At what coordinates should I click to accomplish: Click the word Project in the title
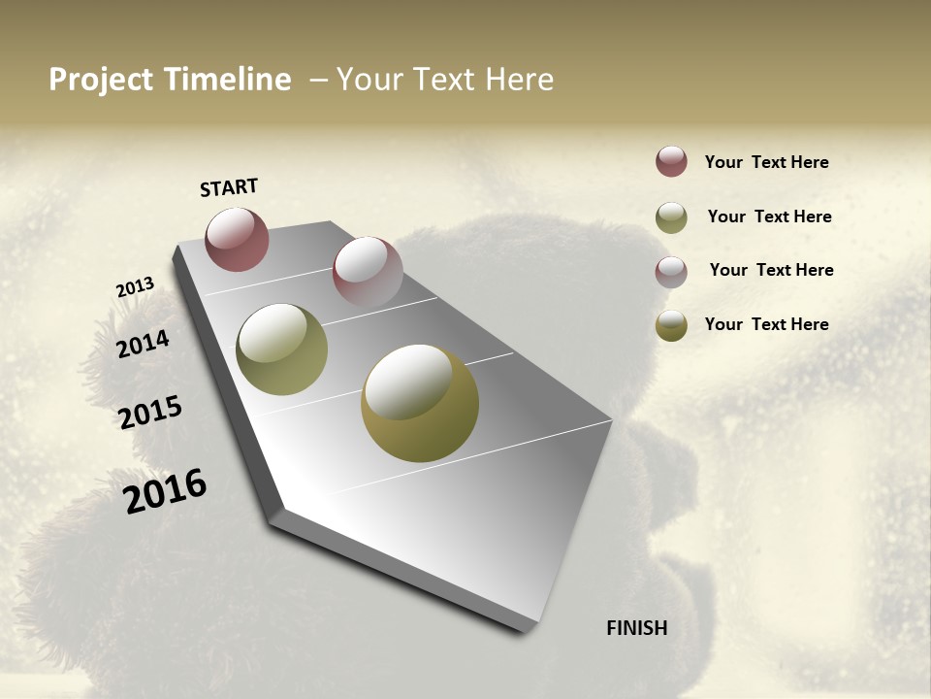pos(101,80)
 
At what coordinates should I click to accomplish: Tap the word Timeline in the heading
pos(226,80)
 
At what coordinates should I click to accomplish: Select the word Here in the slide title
pos(519,80)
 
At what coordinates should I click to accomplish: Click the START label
pos(229,187)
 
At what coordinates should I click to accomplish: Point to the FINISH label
pos(637,628)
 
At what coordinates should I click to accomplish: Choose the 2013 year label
pos(136,287)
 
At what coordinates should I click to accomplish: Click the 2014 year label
pos(144,344)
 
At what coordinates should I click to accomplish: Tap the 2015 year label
pos(150,413)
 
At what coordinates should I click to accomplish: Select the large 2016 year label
pos(165,490)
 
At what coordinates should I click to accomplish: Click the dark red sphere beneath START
pos(237,239)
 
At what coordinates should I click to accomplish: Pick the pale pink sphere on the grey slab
pos(368,272)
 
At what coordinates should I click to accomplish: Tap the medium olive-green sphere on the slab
pos(281,349)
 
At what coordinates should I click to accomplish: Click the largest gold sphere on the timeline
pos(420,403)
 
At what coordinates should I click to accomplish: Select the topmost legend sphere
pos(671,161)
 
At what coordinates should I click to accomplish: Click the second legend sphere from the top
pos(671,217)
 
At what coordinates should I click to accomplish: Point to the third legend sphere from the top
pos(671,272)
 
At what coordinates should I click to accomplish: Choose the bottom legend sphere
pos(671,325)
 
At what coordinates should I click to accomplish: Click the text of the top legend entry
pos(766,162)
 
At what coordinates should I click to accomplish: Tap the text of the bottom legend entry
pos(766,324)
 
